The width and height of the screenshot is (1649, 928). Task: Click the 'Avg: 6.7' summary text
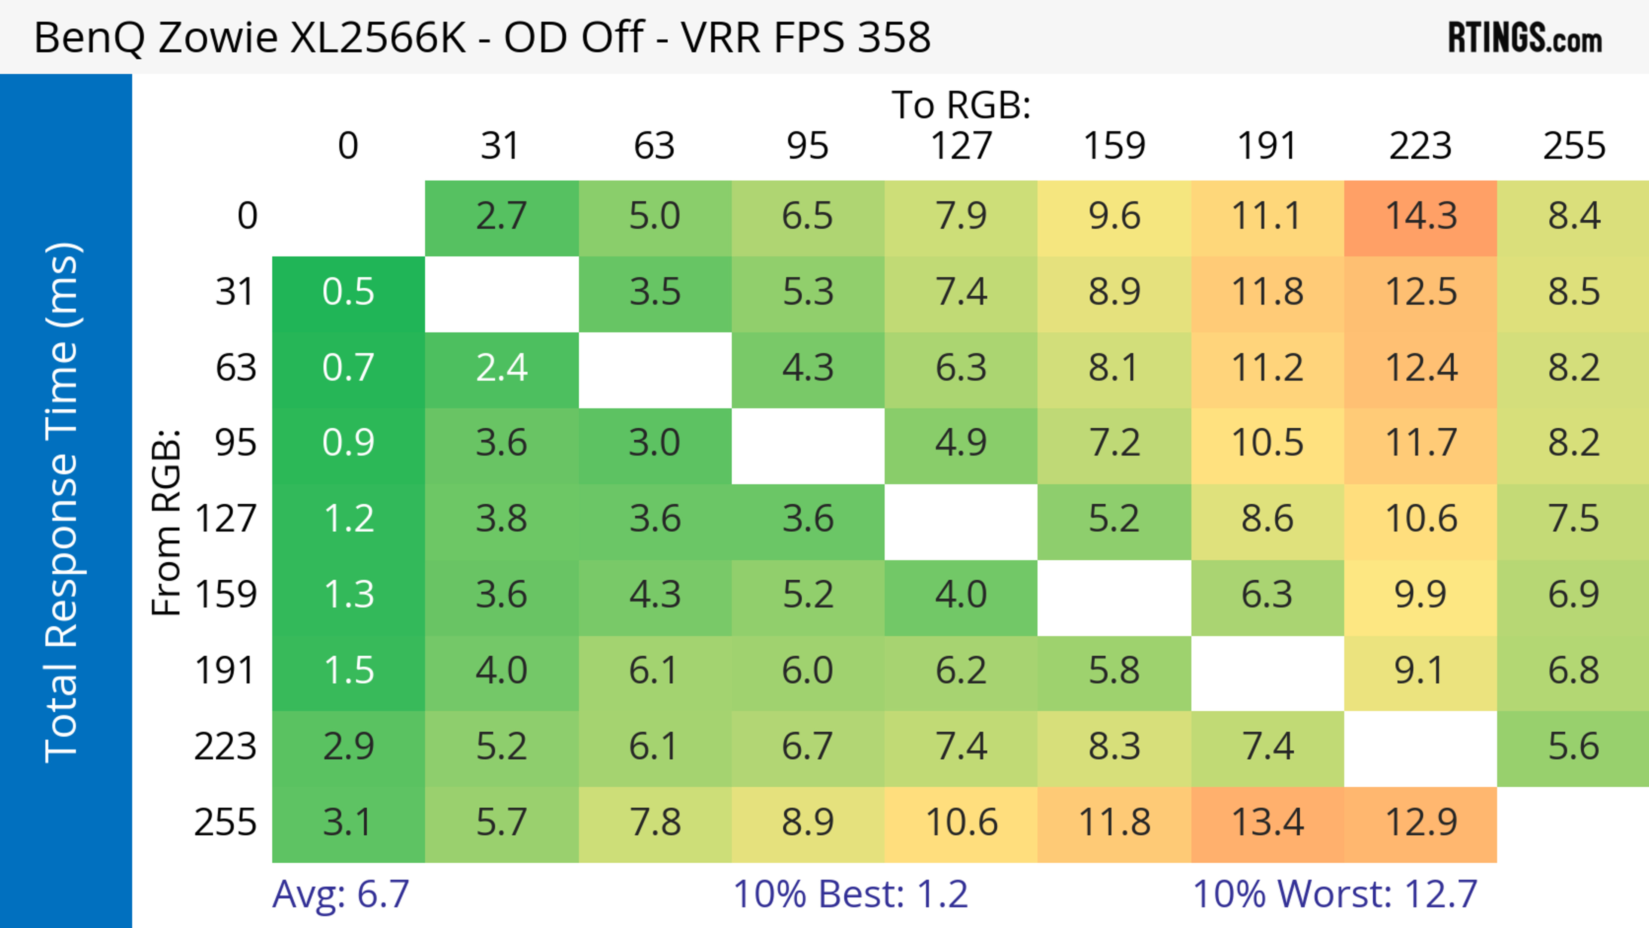pos(341,894)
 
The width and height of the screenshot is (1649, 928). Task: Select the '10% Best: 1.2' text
pos(850,894)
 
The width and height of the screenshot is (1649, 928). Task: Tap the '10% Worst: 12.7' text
pos(1335,894)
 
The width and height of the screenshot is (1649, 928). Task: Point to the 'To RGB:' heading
pos(961,105)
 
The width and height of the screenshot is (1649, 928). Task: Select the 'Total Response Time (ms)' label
pos(63,502)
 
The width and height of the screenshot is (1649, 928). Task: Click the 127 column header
pos(961,146)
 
